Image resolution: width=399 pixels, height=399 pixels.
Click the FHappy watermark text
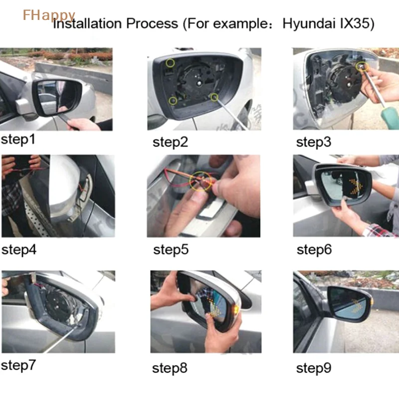click(49, 15)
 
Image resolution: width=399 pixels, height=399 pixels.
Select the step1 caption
click(18, 140)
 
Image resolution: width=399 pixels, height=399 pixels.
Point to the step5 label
click(171, 250)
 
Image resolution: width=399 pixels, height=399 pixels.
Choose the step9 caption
click(314, 368)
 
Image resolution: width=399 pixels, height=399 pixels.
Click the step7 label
click(18, 366)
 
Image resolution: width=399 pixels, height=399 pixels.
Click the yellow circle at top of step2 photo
click(170, 63)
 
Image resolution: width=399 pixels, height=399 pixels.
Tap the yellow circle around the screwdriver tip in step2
click(214, 97)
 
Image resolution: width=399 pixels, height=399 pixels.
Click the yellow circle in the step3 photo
click(362, 66)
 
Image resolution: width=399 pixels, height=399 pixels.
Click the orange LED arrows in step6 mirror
click(355, 187)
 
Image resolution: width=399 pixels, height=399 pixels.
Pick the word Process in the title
click(152, 24)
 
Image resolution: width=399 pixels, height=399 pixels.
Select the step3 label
click(314, 142)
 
